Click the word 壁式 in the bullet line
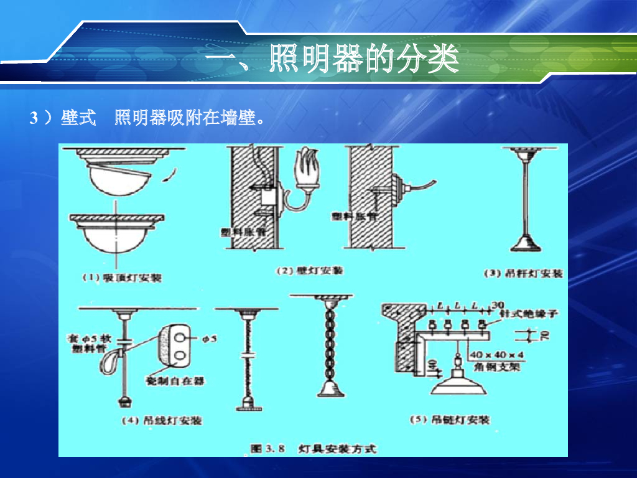click(x=78, y=118)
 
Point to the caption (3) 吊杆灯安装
click(x=523, y=273)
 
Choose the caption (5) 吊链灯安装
click(x=449, y=419)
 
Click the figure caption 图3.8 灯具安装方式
click(x=314, y=448)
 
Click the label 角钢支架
click(x=496, y=367)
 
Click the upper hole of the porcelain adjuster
click(x=181, y=337)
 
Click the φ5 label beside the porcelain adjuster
click(x=210, y=339)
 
